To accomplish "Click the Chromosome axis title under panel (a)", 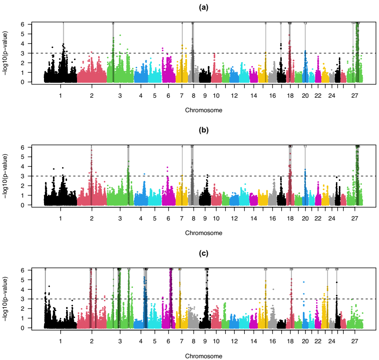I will (203, 110).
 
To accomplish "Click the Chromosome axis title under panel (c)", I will (203, 356).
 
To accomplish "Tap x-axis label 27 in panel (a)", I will (355, 95).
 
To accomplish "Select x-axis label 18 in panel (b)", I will (290, 218).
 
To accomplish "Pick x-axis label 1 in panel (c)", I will (60, 341).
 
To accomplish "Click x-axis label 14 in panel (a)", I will (253, 95).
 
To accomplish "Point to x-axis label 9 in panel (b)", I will (205, 218).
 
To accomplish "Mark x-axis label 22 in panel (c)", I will (318, 341).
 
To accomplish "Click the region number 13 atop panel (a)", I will (305, 23).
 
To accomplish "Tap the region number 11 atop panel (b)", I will (305, 146).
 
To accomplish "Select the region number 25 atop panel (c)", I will (265, 269).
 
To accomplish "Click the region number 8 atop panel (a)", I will (265, 23).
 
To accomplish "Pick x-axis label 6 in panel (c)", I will (168, 341).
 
